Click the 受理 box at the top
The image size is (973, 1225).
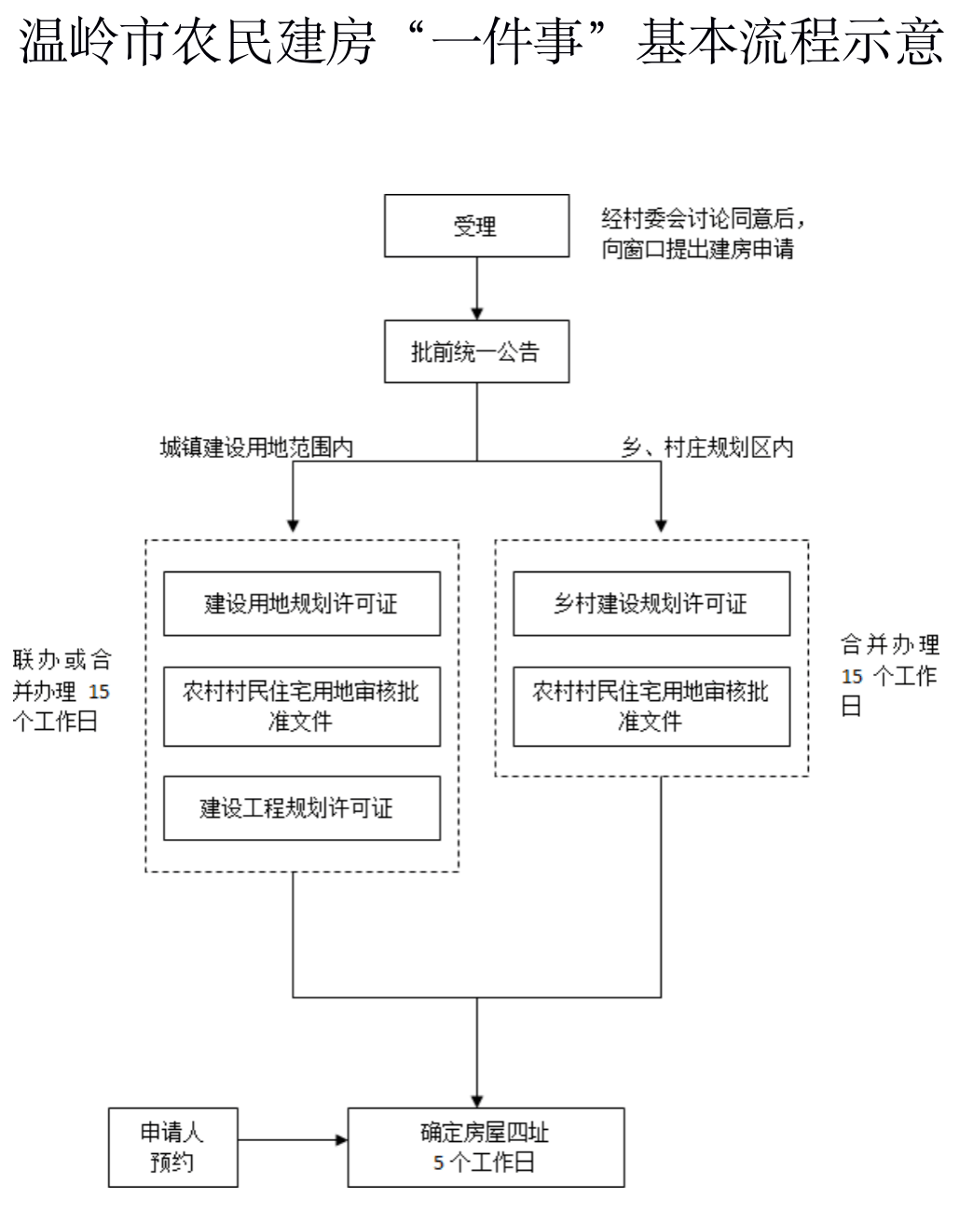[x=476, y=226]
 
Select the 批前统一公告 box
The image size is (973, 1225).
[x=476, y=351]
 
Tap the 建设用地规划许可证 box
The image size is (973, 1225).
[x=301, y=604]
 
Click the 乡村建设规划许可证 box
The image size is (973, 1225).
[x=651, y=604]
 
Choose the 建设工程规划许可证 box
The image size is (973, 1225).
[x=301, y=807]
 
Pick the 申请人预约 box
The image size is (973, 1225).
[x=172, y=1147]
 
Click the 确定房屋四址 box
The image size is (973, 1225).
[x=486, y=1147]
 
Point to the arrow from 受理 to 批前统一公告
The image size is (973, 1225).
[x=477, y=289]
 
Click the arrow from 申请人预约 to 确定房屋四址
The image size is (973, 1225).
[x=293, y=1139]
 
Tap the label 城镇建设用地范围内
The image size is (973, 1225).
[x=256, y=447]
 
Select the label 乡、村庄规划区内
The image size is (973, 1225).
[x=707, y=447]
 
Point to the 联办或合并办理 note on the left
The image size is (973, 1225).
[x=62, y=691]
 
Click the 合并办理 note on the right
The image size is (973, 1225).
[x=889, y=675]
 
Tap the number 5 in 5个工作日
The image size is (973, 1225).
[x=438, y=1163]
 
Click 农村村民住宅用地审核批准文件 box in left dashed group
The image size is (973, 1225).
[x=301, y=706]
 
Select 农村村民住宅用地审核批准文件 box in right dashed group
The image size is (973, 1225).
[x=651, y=706]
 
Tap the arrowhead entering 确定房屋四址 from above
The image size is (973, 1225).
[x=477, y=1101]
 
